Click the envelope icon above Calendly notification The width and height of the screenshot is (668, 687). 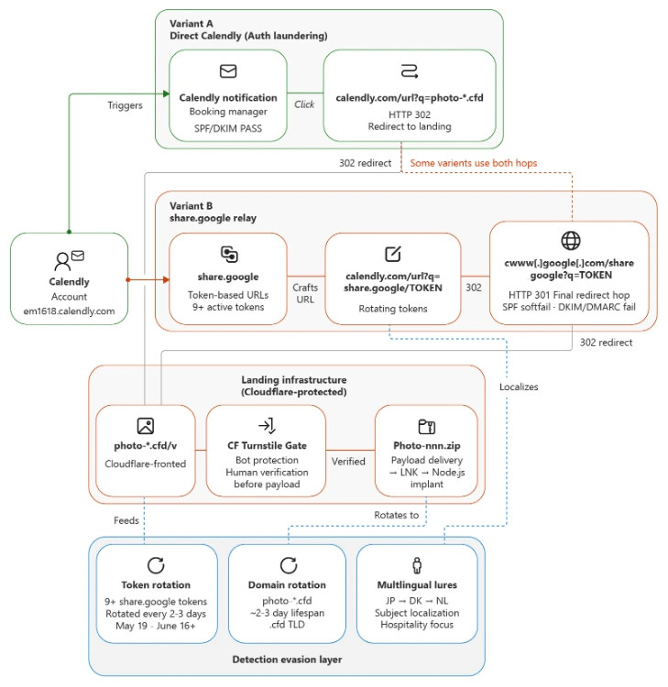tap(228, 71)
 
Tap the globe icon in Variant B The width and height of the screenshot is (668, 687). tap(571, 240)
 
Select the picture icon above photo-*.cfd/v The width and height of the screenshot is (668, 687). tap(146, 425)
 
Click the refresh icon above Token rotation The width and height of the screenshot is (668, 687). tap(156, 565)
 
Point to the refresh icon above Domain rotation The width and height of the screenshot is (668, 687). tap(289, 565)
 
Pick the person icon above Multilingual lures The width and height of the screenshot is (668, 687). tap(417, 565)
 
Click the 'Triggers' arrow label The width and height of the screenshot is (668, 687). tap(125, 105)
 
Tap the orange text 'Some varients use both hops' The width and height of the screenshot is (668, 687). tap(474, 163)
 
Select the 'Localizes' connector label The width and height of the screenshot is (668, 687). tap(519, 387)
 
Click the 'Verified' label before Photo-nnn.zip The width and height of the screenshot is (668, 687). tap(348, 462)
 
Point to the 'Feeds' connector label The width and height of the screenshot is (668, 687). tap(126, 520)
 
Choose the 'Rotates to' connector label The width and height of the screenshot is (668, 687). tap(396, 515)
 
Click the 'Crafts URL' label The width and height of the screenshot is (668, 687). tap(305, 293)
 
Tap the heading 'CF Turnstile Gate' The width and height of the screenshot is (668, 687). tap(267, 445)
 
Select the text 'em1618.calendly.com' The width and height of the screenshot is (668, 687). tap(69, 311)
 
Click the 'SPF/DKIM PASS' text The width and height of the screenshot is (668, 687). tap(228, 128)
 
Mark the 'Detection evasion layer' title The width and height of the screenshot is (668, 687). tap(287, 660)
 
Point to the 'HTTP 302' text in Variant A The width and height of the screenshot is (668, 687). tap(410, 114)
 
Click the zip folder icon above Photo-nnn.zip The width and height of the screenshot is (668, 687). tap(426, 426)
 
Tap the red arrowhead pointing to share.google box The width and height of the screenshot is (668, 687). tap(166, 279)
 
